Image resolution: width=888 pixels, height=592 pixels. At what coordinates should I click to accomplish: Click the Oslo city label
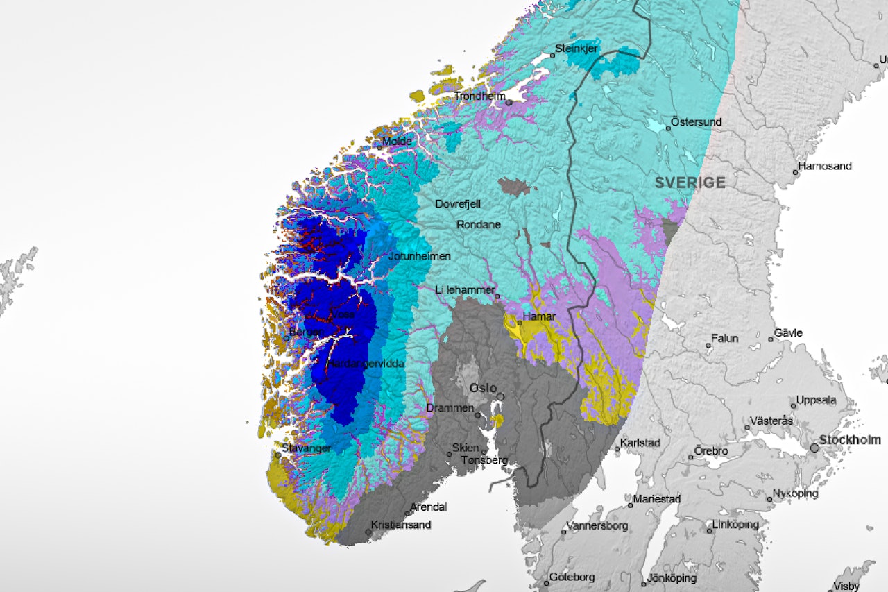[483, 387]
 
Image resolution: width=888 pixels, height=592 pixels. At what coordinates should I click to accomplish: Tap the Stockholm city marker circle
[814, 448]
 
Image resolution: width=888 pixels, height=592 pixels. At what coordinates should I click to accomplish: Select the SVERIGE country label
[690, 183]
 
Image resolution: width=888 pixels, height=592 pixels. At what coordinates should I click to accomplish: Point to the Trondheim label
[480, 96]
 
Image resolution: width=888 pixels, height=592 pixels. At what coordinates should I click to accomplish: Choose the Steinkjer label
[577, 49]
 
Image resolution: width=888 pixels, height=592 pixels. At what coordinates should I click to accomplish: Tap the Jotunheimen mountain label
[420, 255]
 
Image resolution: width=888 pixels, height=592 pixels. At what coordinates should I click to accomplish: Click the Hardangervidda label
[366, 364]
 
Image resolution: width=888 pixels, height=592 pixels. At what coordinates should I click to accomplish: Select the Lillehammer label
[465, 289]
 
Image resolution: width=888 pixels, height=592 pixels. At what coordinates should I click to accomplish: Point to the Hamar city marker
[520, 323]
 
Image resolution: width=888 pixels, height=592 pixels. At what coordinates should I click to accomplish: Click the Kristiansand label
[401, 525]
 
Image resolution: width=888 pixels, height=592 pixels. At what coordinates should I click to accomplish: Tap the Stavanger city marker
[277, 455]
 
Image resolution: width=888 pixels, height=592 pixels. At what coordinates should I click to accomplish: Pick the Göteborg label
[572, 577]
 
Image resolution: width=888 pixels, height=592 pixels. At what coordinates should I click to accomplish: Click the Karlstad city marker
[617, 449]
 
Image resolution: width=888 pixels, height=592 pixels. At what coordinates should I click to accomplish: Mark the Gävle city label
[789, 333]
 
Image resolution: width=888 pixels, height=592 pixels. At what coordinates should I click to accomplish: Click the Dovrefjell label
[458, 204]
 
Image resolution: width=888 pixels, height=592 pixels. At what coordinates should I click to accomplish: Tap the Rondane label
[478, 225]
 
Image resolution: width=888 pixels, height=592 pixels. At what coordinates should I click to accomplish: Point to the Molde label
[398, 142]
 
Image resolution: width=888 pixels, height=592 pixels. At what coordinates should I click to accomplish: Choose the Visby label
[846, 586]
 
